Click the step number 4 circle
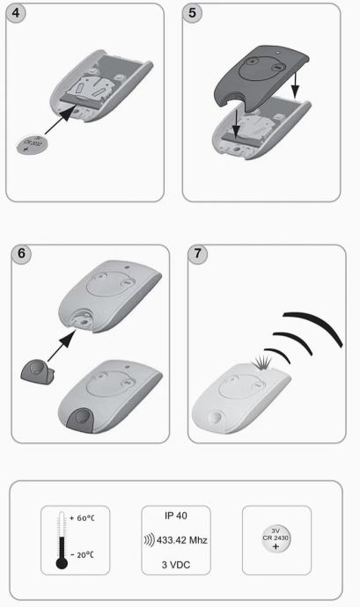point(16,13)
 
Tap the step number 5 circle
point(192,13)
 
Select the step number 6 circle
point(21,253)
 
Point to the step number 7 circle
point(198,253)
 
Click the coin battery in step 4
point(32,145)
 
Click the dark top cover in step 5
point(261,79)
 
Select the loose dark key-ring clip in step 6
point(37,370)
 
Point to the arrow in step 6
point(62,347)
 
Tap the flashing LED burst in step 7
point(263,363)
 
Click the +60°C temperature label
point(82,518)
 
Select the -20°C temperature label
point(82,554)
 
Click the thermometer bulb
point(62,563)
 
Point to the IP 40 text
point(176,516)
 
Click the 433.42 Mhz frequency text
point(181,540)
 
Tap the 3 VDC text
point(176,565)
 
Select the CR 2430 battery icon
point(276,539)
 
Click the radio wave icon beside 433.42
point(150,540)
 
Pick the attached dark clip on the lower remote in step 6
point(80,420)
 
